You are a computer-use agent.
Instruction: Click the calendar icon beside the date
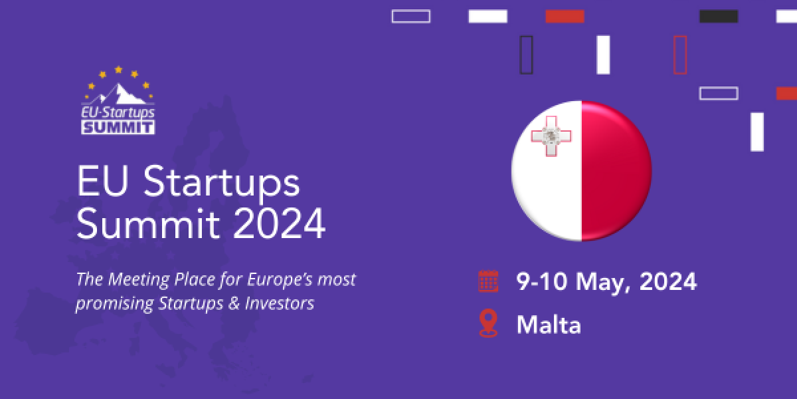pos(488,281)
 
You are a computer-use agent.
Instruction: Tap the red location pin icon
pos(488,323)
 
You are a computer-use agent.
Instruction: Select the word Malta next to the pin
pos(549,325)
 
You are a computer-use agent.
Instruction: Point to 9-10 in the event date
pos(542,281)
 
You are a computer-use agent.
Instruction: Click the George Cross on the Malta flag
pos(551,136)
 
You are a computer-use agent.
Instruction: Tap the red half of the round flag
pos(616,171)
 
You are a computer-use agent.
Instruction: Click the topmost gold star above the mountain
pos(118,69)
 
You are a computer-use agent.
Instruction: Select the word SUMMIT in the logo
pos(118,128)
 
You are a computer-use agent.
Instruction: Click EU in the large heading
pos(102,181)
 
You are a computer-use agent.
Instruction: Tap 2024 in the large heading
pos(280,223)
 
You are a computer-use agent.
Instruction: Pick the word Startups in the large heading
pos(222,184)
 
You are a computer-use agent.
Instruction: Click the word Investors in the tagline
pos(280,303)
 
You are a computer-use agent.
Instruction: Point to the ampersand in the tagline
pos(234,303)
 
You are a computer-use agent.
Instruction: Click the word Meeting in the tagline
pos(139,280)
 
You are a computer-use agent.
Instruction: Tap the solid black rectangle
pos(719,17)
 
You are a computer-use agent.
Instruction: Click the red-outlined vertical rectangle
pos(680,55)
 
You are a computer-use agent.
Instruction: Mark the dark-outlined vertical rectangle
pos(526,55)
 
